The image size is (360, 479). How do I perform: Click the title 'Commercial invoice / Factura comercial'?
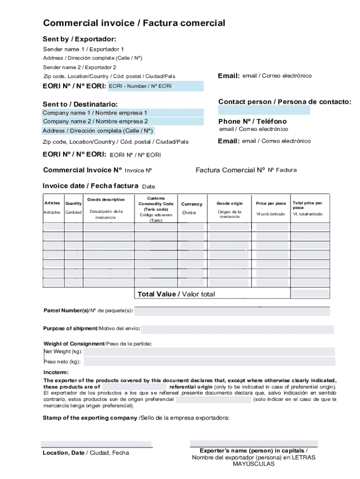tap(134, 23)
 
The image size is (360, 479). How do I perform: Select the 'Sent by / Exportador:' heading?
tap(79, 39)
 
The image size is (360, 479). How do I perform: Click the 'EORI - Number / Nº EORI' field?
tap(156, 86)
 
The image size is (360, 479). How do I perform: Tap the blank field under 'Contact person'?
tap(264, 110)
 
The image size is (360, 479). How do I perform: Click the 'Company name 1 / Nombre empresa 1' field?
tap(123, 113)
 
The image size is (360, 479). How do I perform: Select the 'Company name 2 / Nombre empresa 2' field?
tap(123, 122)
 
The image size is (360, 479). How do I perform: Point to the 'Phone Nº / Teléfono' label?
tap(252, 121)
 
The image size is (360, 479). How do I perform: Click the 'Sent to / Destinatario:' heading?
tap(80, 104)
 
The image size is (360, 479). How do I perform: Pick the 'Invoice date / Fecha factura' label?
tap(90, 186)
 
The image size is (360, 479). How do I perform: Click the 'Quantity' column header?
tap(73, 203)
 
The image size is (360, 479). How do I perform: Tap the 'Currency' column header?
tap(192, 204)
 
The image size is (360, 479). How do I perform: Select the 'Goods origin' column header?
tap(230, 203)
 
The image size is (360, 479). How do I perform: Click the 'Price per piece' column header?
tap(271, 203)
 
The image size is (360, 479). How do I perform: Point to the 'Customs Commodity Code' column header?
tap(156, 204)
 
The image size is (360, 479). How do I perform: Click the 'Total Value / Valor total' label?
tap(176, 294)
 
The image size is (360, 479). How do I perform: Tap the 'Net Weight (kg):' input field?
tap(209, 352)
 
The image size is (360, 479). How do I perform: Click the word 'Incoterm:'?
tap(56, 372)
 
